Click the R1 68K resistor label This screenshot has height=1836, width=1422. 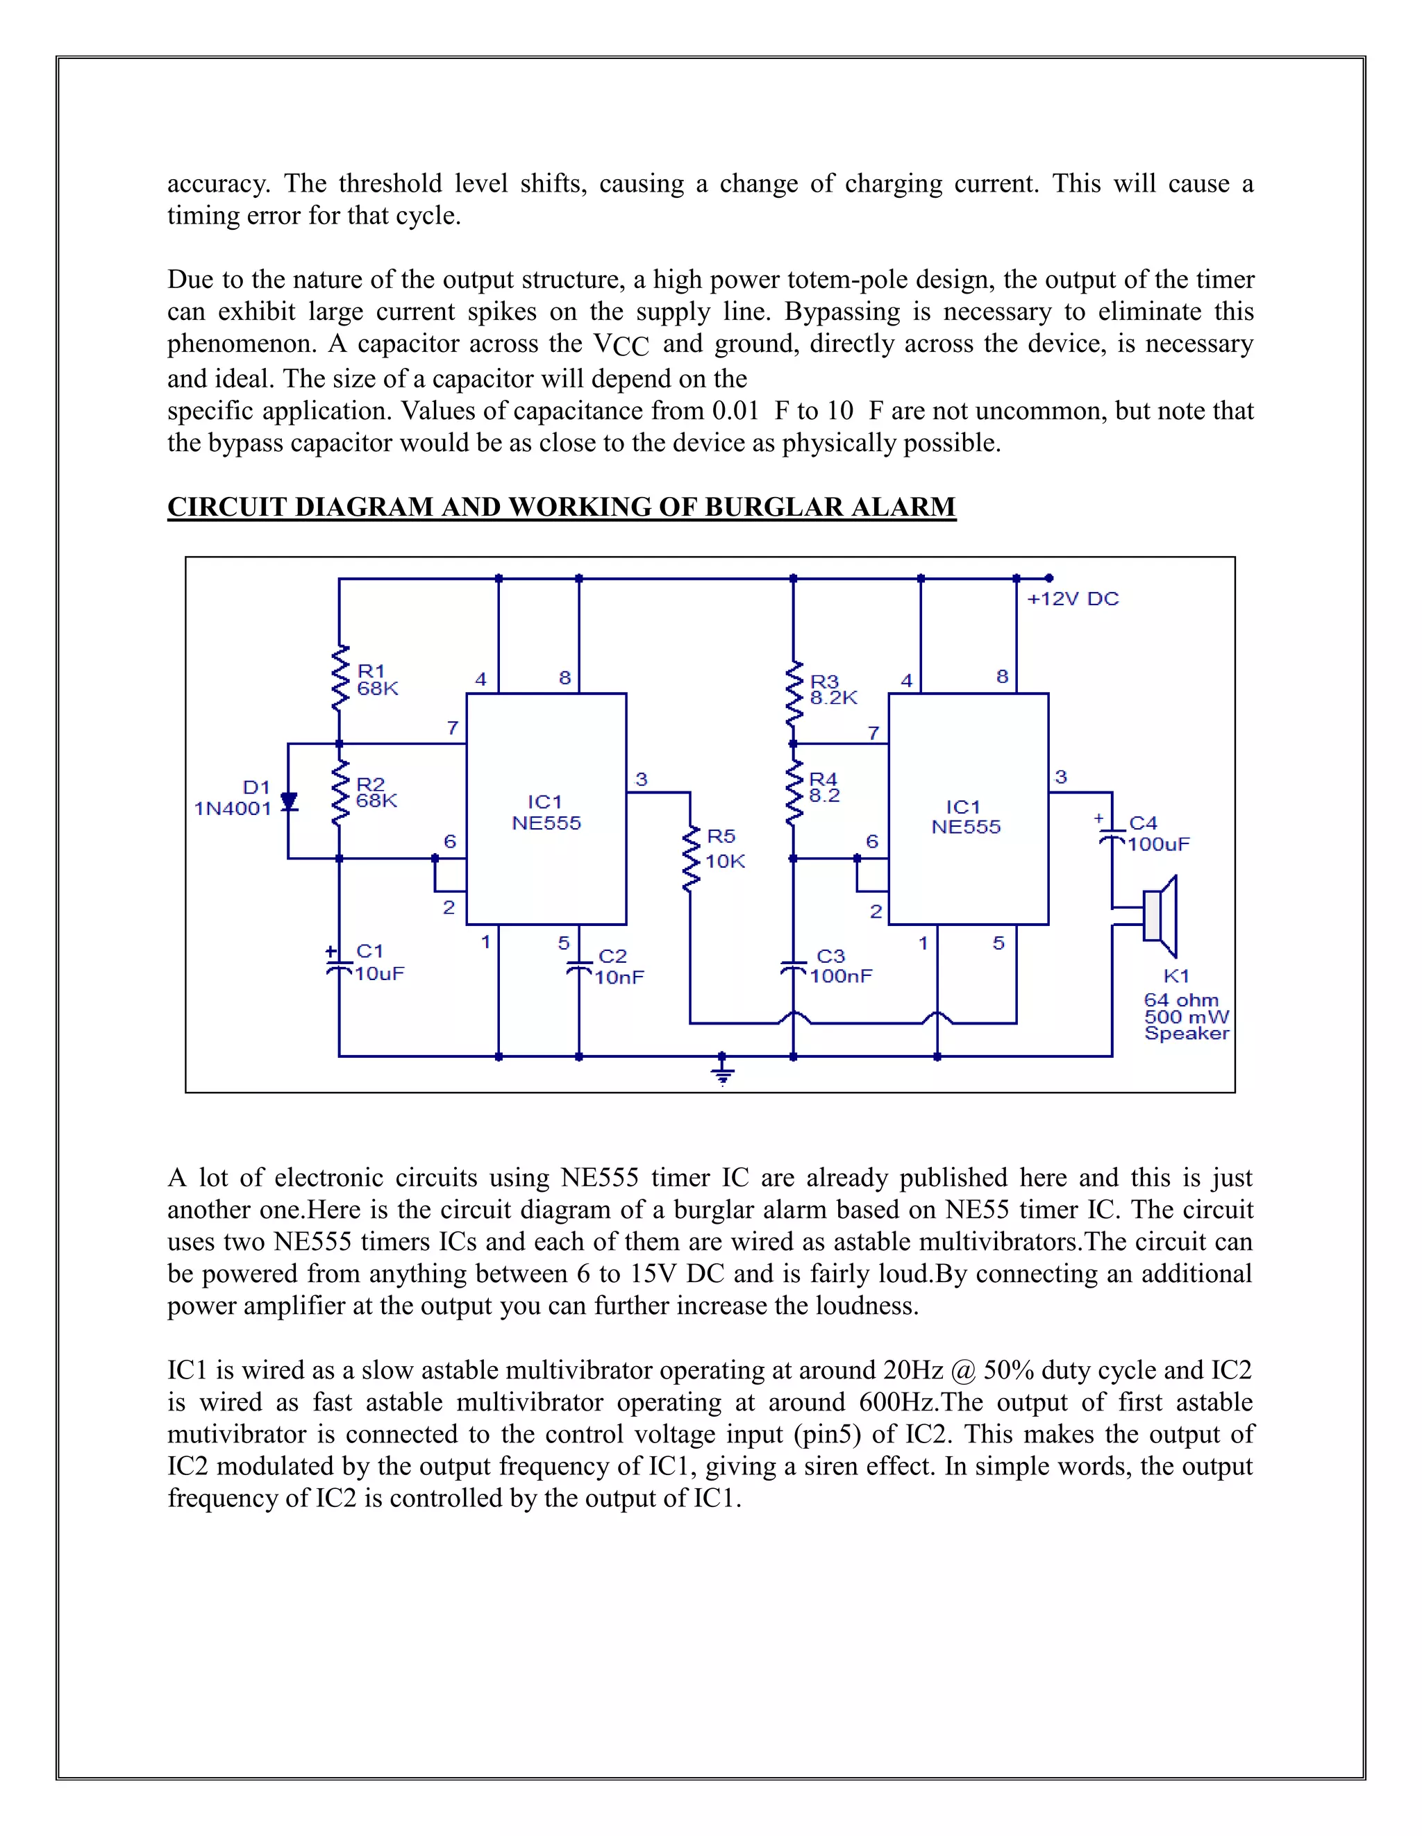tap(377, 680)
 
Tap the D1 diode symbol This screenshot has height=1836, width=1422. tap(288, 801)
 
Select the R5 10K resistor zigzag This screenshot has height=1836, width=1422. tap(690, 859)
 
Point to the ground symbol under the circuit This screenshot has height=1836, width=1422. tap(722, 1072)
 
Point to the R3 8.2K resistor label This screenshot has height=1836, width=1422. tap(833, 689)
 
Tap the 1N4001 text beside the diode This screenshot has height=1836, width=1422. tap(233, 809)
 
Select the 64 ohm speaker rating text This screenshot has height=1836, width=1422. tap(1180, 1000)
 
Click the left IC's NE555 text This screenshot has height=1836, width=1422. tap(546, 824)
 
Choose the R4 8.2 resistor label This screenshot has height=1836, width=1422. tap(823, 788)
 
